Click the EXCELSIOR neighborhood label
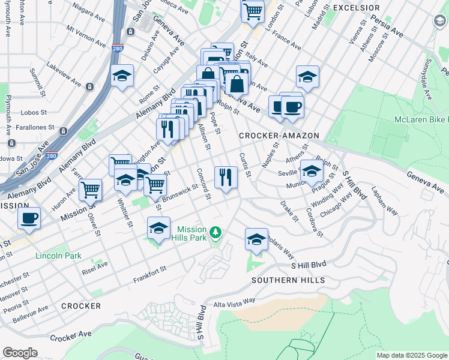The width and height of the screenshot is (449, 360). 356,8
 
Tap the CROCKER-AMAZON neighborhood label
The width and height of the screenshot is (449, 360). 279,136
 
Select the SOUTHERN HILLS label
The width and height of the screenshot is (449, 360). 288,280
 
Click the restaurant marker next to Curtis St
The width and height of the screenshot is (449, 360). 226,177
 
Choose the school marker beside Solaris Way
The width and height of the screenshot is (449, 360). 256,239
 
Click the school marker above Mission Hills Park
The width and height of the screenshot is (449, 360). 158,228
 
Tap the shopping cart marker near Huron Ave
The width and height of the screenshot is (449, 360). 90,190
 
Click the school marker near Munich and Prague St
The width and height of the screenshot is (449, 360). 311,171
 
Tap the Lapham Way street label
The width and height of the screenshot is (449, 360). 384,203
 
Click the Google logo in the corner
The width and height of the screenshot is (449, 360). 20,353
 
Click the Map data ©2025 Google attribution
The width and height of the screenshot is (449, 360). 411,355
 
